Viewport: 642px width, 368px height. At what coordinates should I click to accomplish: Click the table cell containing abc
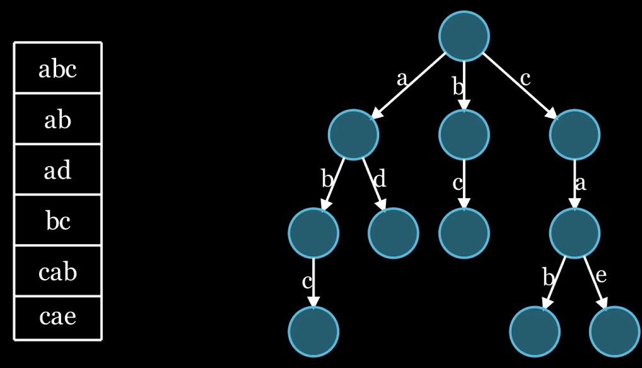point(57,68)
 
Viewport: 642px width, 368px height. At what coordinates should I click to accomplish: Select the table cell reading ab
point(57,119)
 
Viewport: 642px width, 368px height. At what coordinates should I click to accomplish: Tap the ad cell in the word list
point(57,170)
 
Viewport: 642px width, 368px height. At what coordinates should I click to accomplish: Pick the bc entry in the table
point(57,221)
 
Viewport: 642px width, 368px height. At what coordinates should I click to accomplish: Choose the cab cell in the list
point(57,271)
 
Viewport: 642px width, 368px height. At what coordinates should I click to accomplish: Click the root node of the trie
point(464,36)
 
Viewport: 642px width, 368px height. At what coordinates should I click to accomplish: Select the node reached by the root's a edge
point(354,134)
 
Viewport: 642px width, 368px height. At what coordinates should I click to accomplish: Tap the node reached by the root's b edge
point(464,134)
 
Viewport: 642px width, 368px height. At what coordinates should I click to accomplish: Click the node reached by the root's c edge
point(574,134)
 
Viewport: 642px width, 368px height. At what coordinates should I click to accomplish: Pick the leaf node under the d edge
point(394,233)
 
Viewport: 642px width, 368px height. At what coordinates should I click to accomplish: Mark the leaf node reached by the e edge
point(614,331)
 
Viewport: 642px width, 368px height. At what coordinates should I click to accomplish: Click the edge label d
point(379,180)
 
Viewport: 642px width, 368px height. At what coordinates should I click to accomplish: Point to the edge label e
point(600,276)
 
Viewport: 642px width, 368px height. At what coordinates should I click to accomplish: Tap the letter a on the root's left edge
point(402,79)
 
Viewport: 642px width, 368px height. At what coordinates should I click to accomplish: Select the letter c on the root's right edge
point(525,79)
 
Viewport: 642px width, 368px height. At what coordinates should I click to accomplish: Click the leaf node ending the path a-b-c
point(314,331)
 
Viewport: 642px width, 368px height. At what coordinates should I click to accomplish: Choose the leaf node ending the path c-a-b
point(535,331)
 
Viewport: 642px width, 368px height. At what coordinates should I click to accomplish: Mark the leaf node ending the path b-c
point(464,233)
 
